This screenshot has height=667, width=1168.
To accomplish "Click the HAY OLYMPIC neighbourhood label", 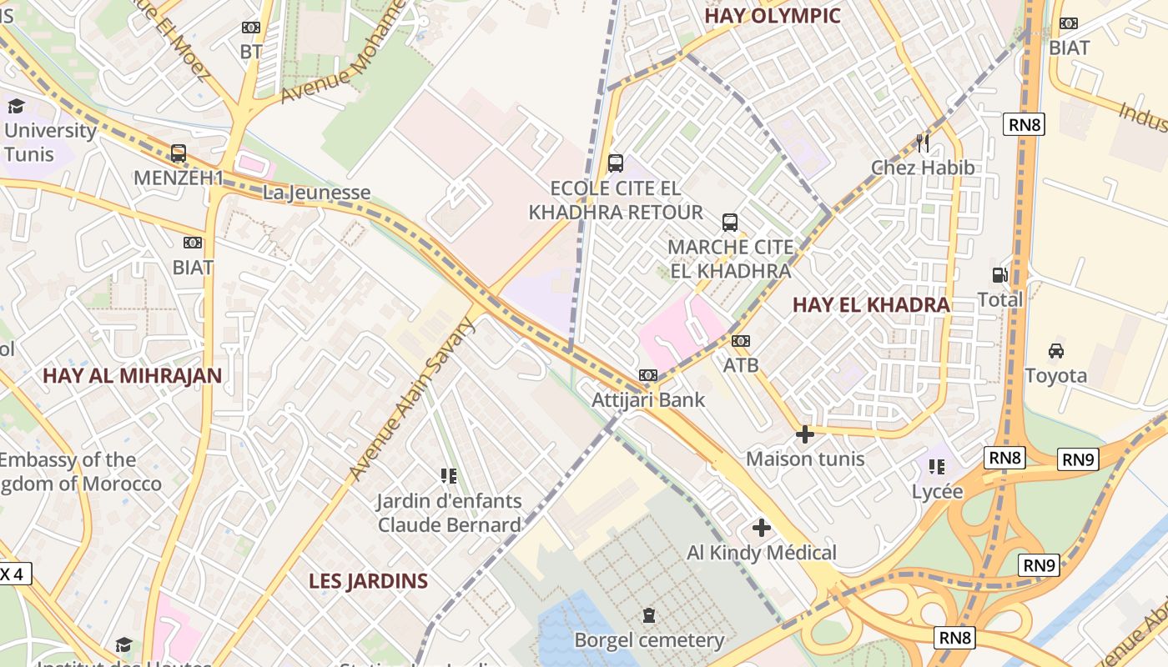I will click(x=772, y=16).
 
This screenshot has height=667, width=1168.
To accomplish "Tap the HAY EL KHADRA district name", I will click(x=871, y=305).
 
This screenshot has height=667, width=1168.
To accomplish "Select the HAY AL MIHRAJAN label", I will click(x=132, y=375).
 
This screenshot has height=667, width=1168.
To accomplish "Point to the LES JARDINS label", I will click(x=368, y=581).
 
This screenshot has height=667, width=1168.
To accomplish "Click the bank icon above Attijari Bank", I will click(x=648, y=375).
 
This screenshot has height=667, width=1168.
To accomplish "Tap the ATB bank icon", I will click(x=740, y=340).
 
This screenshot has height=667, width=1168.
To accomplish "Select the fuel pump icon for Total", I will click(x=999, y=274).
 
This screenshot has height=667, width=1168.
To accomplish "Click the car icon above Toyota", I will click(x=1055, y=350).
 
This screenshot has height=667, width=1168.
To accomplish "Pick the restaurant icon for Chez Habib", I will click(x=922, y=143).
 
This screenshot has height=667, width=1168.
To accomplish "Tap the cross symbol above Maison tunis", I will click(x=804, y=434).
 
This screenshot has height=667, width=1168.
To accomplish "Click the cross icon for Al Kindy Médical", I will click(x=761, y=527).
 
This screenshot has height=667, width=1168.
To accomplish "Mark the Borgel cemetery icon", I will click(x=648, y=615).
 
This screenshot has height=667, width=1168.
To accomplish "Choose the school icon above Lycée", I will click(x=937, y=467).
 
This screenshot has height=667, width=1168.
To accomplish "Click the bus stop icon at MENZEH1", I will click(x=178, y=153).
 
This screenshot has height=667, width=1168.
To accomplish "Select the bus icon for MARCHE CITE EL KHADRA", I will click(x=729, y=222).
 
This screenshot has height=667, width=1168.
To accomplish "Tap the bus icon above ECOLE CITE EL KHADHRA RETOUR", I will click(x=615, y=163).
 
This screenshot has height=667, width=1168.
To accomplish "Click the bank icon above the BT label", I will click(x=250, y=27).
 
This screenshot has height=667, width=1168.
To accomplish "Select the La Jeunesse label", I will click(x=316, y=193).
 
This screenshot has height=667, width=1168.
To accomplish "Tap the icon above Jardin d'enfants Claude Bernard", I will click(x=449, y=476).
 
